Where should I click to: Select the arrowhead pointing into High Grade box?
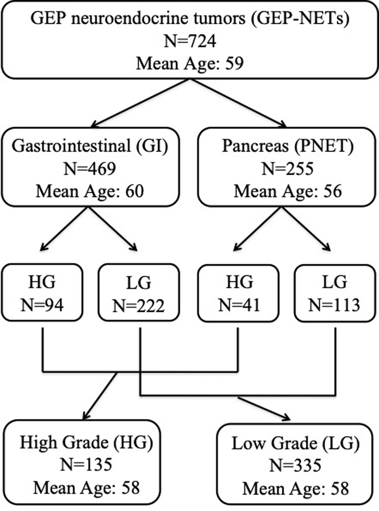[87, 415]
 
